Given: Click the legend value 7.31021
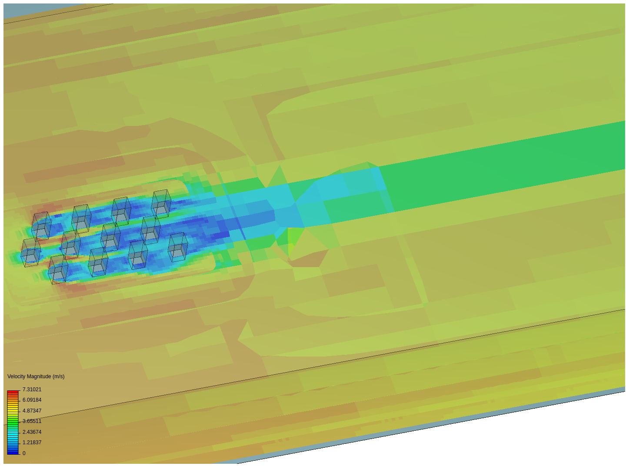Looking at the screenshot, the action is click(32, 389).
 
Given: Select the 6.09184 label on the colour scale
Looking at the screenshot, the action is click(32, 400).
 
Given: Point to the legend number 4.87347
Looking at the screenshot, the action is click(32, 411).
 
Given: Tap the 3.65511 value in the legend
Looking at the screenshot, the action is click(32, 421).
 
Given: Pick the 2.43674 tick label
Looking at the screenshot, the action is click(32, 432).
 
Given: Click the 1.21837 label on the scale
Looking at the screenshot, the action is click(32, 443).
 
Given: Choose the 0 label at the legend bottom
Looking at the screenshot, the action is click(24, 453).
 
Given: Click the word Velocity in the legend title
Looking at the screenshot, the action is click(16, 377).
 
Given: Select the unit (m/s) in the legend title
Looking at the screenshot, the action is click(58, 377).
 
